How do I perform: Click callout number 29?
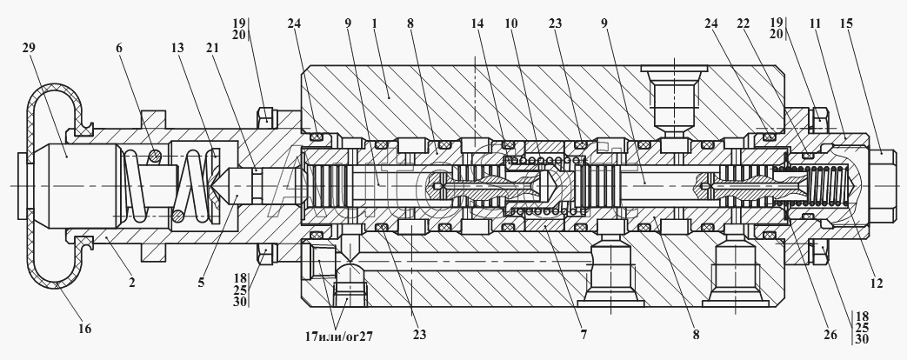pyautogui.click(x=29, y=48)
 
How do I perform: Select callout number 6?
pyautogui.click(x=119, y=48)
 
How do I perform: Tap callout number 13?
pyautogui.click(x=177, y=48)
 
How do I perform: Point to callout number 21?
pyautogui.click(x=212, y=48)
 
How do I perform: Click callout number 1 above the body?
pyautogui.click(x=375, y=23)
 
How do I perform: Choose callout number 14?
pyautogui.click(x=477, y=23)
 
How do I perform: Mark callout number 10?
pyautogui.click(x=510, y=23)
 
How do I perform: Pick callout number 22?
pyautogui.click(x=743, y=23)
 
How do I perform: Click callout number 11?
pyautogui.click(x=815, y=23)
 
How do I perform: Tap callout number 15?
pyautogui.click(x=847, y=23)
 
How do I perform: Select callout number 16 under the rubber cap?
pyautogui.click(x=84, y=329)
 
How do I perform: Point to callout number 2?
pyautogui.click(x=132, y=283)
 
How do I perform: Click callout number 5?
pyautogui.click(x=201, y=283)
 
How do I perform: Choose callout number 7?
pyautogui.click(x=584, y=335)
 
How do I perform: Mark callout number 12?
pyautogui.click(x=877, y=283)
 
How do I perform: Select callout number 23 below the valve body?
pyautogui.click(x=419, y=335)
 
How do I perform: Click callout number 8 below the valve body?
pyautogui.click(x=696, y=335)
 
